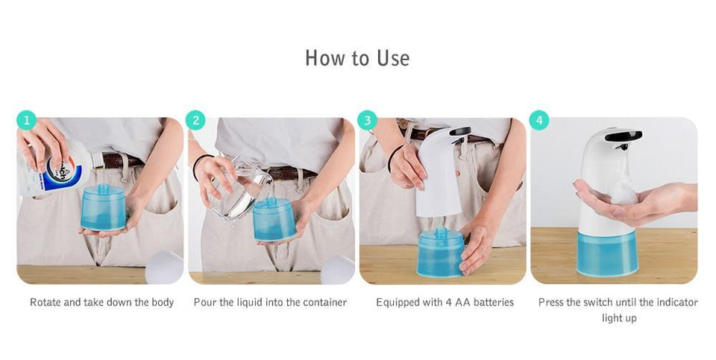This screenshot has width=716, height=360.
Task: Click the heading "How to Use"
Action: click(357, 58)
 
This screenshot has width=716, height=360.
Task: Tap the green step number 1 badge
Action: click(26, 120)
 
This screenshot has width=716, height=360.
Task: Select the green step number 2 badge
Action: click(195, 120)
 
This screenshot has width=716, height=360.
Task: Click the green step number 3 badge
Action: click(367, 120)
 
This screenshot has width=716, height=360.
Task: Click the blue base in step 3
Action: click(439, 253)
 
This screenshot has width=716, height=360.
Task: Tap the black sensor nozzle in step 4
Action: click(623, 136)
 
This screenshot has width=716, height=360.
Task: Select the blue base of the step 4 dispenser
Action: click(608, 253)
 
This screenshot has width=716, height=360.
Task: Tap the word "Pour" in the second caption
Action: click(205, 303)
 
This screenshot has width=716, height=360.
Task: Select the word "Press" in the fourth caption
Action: click(551, 303)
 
